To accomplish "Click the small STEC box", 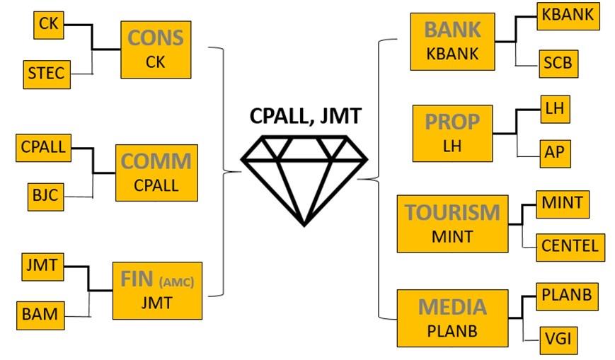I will pyautogui.click(x=47, y=73).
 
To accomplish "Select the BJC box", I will pyautogui.click(x=45, y=194).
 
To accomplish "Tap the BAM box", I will pyautogui.click(x=40, y=313).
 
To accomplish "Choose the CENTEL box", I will pyautogui.click(x=570, y=247).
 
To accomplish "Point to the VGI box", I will pyautogui.click(x=555, y=341).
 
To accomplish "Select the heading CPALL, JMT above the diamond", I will pyautogui.click(x=304, y=117).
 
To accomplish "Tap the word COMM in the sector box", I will pyautogui.click(x=156, y=161).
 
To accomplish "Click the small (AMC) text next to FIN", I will pyautogui.click(x=176, y=281).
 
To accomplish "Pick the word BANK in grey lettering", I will pyautogui.click(x=452, y=30).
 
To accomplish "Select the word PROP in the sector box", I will pyautogui.click(x=452, y=122).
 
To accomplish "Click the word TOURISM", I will pyautogui.click(x=452, y=212).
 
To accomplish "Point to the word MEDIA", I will pyautogui.click(x=452, y=307).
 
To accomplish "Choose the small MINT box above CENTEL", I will pyautogui.click(x=562, y=204).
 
